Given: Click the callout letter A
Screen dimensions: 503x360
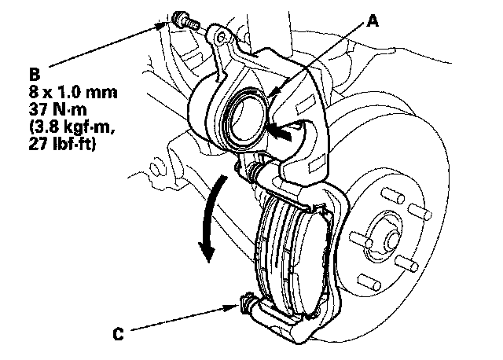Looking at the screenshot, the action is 373,23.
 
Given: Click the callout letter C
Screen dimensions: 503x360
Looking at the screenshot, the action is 119,333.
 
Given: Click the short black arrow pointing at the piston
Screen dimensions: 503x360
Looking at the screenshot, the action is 284,134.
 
